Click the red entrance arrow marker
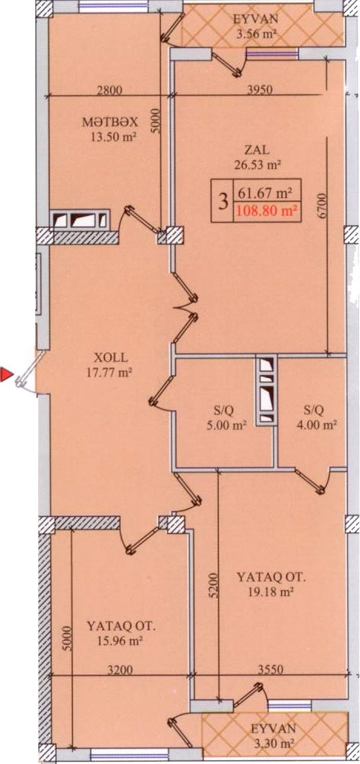tap(6, 374)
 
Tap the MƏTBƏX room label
tap(110, 122)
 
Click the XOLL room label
tap(111, 358)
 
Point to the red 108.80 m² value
tap(265, 211)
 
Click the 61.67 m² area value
tap(265, 194)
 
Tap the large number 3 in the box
tap(223, 201)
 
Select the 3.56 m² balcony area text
tap(256, 34)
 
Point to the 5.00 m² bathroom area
tap(226, 426)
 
